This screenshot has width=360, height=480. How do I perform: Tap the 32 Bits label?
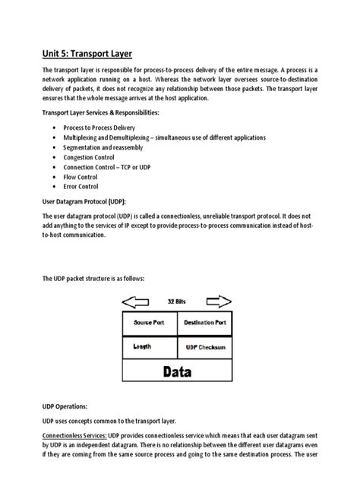(176, 301)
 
